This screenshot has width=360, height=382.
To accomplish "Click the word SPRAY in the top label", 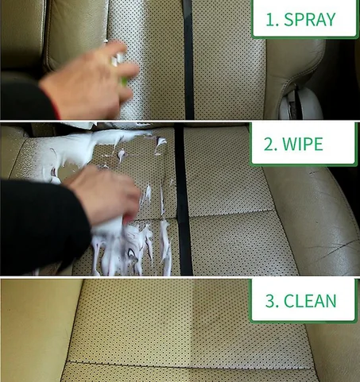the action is [310, 19].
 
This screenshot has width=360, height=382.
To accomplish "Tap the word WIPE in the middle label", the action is [303, 144].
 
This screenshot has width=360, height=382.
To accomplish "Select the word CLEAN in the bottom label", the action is [310, 301].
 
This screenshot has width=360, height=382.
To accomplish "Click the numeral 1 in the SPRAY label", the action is [270, 20].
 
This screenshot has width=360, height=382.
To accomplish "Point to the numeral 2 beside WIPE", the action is [269, 145].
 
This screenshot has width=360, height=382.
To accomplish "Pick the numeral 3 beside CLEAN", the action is [270, 301].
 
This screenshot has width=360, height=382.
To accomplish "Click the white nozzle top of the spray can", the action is [118, 60].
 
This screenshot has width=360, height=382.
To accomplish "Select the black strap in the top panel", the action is [188, 60].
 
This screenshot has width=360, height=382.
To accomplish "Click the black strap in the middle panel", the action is [183, 199].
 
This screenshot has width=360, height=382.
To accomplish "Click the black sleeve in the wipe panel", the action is [42, 225].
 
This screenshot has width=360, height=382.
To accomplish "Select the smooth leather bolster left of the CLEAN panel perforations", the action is [37, 331].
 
